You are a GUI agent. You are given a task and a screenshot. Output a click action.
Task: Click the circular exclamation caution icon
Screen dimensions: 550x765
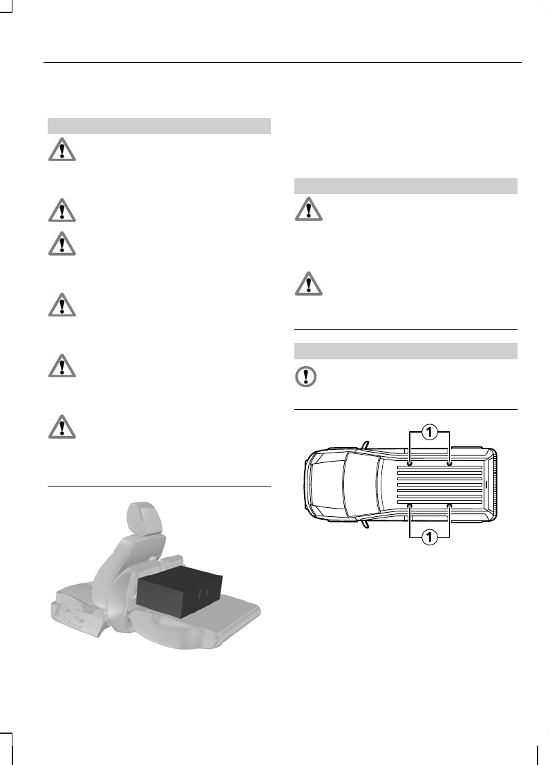(x=306, y=377)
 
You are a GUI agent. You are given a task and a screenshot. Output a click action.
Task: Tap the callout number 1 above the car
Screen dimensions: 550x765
(x=430, y=433)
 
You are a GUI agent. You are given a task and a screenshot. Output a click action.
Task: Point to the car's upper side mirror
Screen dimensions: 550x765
(x=365, y=446)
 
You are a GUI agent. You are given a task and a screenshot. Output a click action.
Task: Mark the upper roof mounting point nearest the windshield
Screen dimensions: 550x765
(x=410, y=463)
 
